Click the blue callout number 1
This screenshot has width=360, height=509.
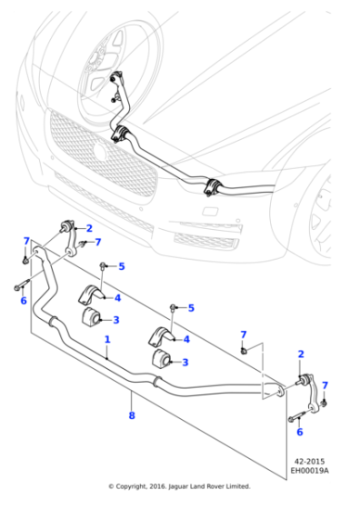pyautogui.click(x=107, y=340)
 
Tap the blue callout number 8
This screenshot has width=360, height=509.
pyautogui.click(x=132, y=415)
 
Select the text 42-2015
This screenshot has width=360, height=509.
pyautogui.click(x=309, y=462)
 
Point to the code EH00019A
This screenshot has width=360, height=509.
pyautogui.click(x=309, y=470)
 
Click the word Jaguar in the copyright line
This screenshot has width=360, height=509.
pyautogui.click(x=178, y=486)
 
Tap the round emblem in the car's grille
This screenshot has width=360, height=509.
pyautogui.click(x=99, y=151)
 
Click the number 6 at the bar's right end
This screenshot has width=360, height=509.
pyautogui.click(x=300, y=432)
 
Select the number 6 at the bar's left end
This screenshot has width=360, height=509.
pyautogui.click(x=24, y=301)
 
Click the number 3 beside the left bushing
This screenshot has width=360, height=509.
pyautogui.click(x=116, y=320)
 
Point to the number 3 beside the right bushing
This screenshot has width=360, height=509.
pyautogui.click(x=185, y=363)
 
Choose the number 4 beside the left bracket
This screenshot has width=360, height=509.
pyautogui.click(x=117, y=298)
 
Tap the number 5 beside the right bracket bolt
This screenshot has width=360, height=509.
pyautogui.click(x=191, y=308)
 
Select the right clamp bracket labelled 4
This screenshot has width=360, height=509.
pyautogui.click(x=161, y=336)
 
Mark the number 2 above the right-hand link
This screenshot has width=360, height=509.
pyautogui.click(x=301, y=354)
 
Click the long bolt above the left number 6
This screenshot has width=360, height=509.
pyautogui.click(x=22, y=284)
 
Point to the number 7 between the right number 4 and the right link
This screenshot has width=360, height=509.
pyautogui.click(x=244, y=334)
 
